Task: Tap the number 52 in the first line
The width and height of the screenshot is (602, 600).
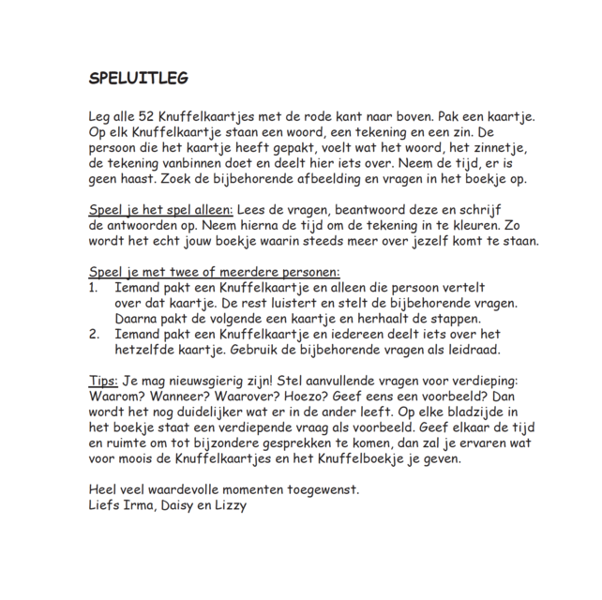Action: pos(147,116)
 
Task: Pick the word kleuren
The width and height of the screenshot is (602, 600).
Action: pos(484,225)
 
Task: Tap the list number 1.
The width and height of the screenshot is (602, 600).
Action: pos(94,288)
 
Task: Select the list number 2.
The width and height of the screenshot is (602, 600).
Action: pos(94,334)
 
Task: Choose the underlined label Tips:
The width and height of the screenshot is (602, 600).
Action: pos(103,380)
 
